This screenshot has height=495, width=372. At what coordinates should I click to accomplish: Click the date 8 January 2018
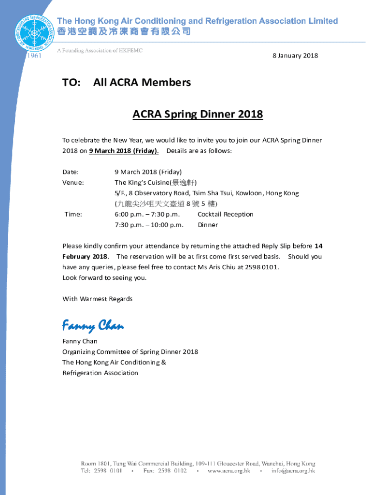pyautogui.click(x=295, y=56)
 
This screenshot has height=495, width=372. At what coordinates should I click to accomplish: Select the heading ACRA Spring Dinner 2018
pyautogui.click(x=198, y=115)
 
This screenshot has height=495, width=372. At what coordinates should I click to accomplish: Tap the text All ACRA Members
pyautogui.click(x=142, y=83)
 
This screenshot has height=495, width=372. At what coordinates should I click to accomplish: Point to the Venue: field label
pyautogui.click(x=73, y=183)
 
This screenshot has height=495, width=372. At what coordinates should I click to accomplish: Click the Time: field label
pyautogui.click(x=73, y=215)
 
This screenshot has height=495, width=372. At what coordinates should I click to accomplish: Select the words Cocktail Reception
pyautogui.click(x=225, y=215)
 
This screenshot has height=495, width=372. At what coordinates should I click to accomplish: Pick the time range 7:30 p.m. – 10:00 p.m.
pyautogui.click(x=149, y=225)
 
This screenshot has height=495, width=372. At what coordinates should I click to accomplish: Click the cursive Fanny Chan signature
pyautogui.click(x=93, y=326)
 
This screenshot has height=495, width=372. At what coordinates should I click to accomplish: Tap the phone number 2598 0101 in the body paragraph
pyautogui.click(x=262, y=267)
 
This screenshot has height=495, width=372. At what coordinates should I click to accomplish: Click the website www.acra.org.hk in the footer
pyautogui.click(x=229, y=471)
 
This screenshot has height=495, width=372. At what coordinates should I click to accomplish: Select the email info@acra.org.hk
pyautogui.click(x=293, y=471)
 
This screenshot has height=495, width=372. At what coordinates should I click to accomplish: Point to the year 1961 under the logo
pyautogui.click(x=33, y=56)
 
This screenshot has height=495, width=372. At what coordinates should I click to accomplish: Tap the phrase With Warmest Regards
pyautogui.click(x=97, y=299)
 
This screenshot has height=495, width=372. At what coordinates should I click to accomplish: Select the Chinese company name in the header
pyautogui.click(x=124, y=32)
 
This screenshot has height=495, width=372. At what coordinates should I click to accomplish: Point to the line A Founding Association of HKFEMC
pyautogui.click(x=100, y=51)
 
